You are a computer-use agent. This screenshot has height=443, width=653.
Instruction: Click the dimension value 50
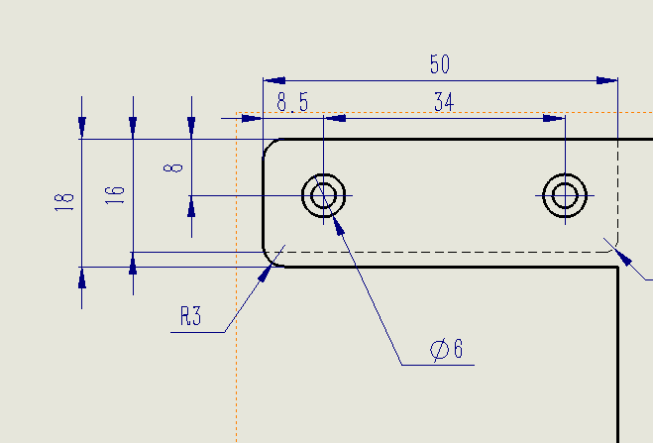click(439, 65)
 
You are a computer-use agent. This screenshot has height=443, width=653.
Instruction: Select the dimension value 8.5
click(292, 102)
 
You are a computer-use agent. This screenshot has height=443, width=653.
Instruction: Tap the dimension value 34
click(443, 102)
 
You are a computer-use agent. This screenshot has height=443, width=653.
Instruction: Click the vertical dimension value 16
click(116, 194)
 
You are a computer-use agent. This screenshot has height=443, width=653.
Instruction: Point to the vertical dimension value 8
click(174, 166)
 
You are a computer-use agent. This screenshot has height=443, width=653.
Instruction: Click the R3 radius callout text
click(191, 317)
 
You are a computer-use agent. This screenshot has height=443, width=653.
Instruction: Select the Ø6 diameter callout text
click(447, 349)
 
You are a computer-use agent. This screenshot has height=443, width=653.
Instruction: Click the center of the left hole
click(324, 195)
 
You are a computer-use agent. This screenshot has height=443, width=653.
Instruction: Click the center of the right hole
click(565, 195)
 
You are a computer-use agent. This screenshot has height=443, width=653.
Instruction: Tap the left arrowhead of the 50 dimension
click(272, 79)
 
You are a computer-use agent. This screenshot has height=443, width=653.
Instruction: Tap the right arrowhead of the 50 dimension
click(606, 79)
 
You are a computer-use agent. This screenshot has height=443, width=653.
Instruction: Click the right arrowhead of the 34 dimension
click(554, 119)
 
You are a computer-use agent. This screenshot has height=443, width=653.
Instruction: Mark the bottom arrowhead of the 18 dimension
click(81, 277)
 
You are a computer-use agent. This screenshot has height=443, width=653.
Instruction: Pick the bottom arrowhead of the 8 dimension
click(191, 205)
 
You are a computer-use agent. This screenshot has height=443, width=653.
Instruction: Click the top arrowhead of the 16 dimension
click(133, 128)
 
